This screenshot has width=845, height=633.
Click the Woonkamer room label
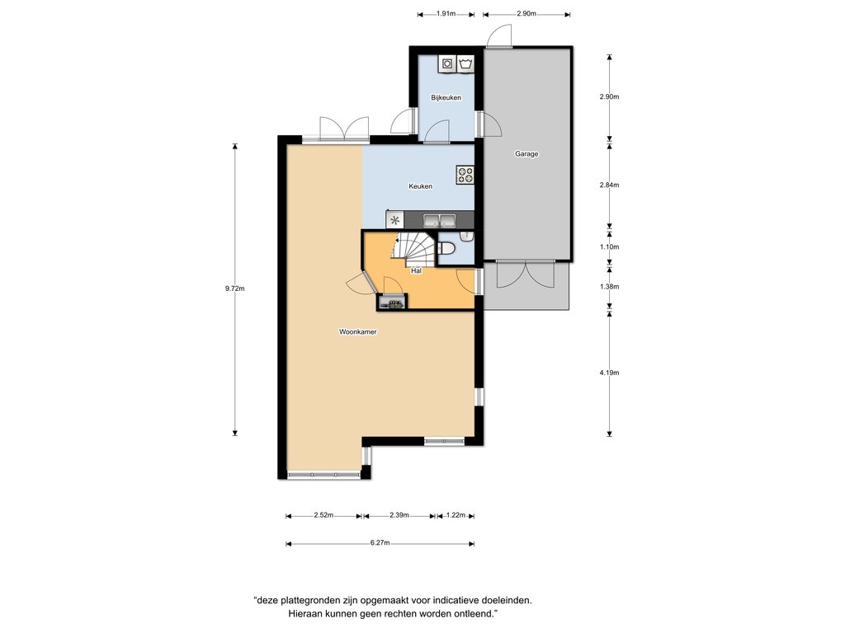point(358,331)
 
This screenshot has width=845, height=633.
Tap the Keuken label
point(420,186)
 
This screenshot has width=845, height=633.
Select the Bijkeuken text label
point(446,97)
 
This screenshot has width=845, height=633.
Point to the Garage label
point(526,154)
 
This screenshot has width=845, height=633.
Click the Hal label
point(416,270)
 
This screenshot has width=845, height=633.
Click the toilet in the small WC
point(447,249)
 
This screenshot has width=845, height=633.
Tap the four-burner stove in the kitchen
point(465,175)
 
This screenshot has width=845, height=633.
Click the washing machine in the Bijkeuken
point(447,63)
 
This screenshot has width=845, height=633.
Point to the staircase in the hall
point(414,249)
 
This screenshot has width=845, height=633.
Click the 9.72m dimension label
point(235,288)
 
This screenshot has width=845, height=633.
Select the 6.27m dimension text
point(380,543)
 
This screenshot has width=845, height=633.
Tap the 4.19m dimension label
point(610,373)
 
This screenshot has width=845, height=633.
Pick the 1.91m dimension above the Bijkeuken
point(446,14)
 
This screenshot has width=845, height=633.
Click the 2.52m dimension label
point(323,515)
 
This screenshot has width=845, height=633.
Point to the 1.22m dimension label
point(456,515)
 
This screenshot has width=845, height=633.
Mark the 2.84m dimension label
point(610,185)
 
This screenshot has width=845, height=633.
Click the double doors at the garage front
point(526,274)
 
